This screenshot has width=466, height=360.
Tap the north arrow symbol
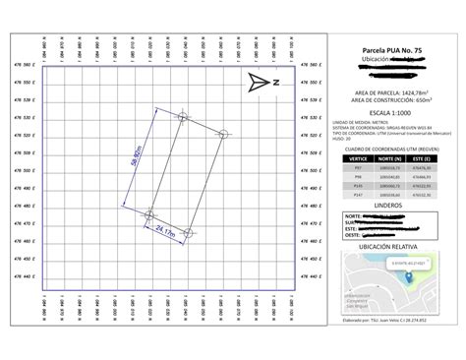click(262, 81)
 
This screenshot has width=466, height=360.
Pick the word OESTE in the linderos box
click(351, 236)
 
